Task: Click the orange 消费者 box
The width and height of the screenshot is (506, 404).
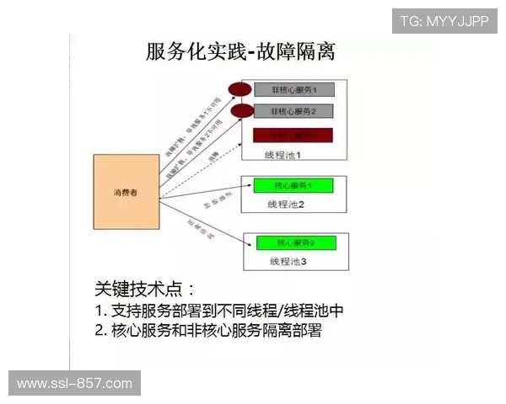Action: pos(126,193)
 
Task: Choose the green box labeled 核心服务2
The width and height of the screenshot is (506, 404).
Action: pos(295,243)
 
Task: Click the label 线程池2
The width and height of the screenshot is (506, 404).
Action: pos(285,205)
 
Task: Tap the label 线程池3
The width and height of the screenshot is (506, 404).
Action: pos(288,262)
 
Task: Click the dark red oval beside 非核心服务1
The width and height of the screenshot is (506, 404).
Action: pos(240,89)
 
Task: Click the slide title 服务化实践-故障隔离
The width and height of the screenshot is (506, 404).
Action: pos(241,51)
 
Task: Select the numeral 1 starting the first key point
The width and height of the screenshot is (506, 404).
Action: pos(100,311)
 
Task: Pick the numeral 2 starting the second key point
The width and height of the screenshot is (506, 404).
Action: pos(100,332)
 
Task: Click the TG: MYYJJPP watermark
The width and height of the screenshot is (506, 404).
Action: pos(444,20)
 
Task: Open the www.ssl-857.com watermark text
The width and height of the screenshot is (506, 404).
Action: pos(74,384)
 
